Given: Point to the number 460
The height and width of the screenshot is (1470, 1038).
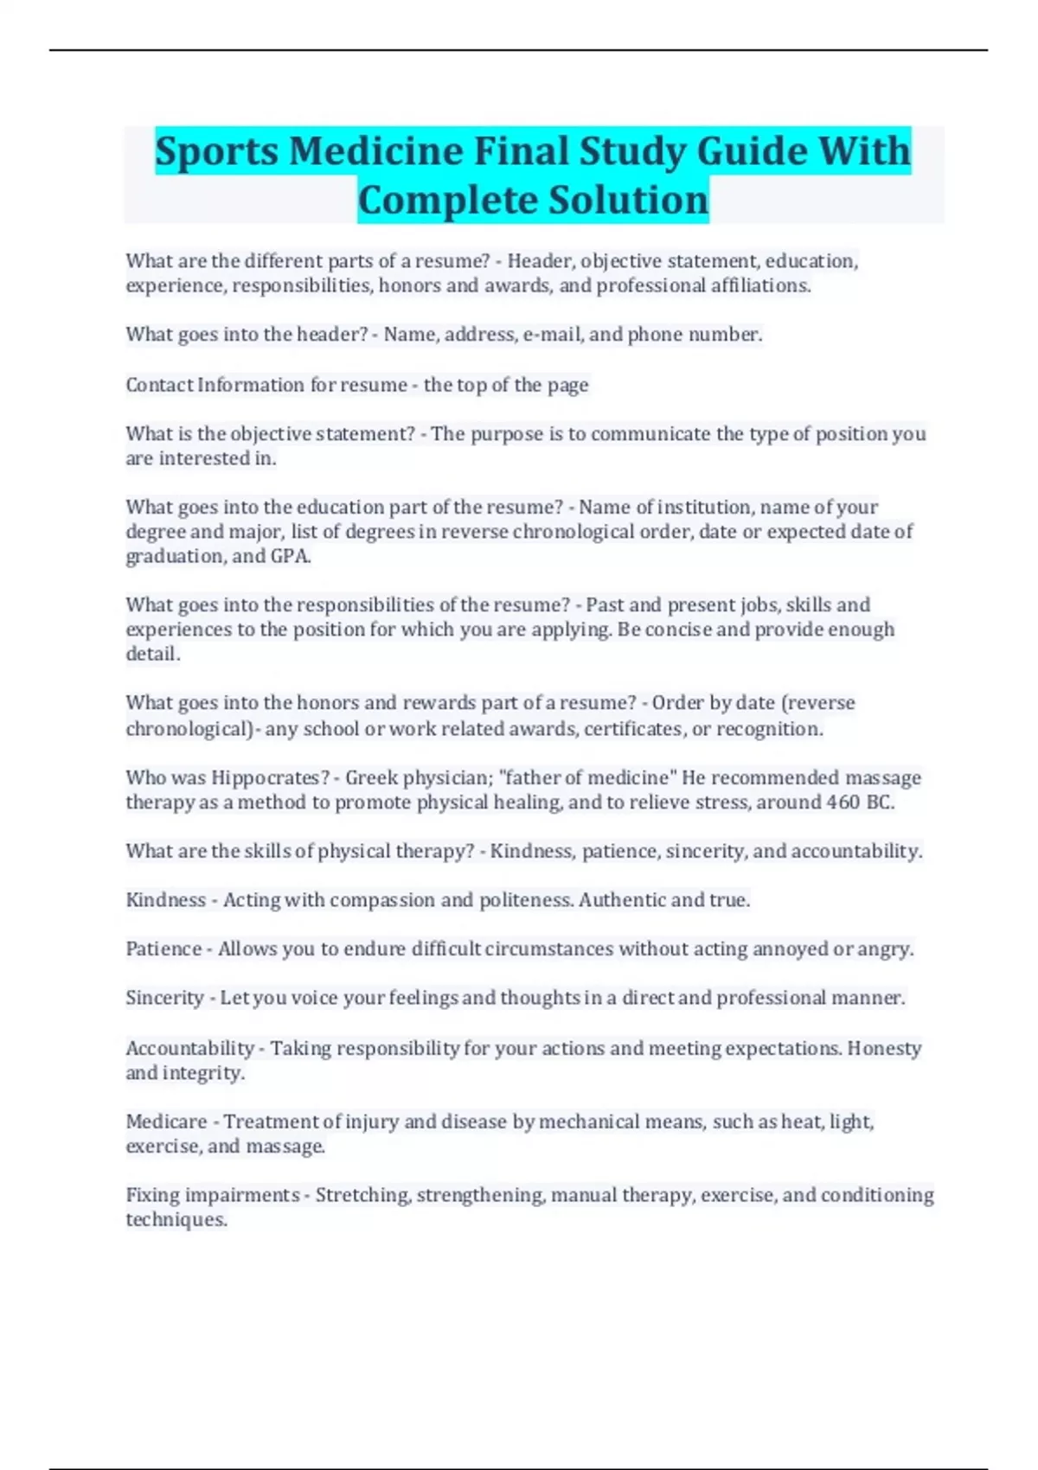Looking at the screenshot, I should click(843, 802).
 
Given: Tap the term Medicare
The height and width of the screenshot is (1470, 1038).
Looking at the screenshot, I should click(166, 1122).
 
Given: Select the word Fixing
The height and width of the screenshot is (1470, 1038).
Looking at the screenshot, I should click(152, 1195).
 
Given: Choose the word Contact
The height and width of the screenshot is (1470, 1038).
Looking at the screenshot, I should click(159, 385).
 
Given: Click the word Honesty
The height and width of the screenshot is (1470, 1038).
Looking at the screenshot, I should click(884, 1048).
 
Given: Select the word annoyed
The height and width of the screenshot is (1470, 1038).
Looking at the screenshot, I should click(790, 949).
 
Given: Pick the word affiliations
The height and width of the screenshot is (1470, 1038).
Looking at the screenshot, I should click(759, 285).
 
